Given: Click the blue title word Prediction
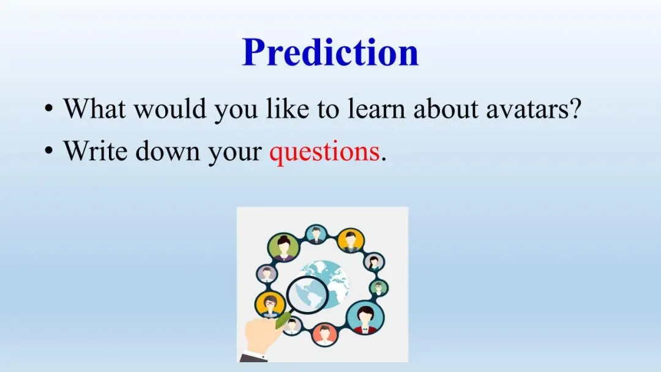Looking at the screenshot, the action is [x=330, y=52].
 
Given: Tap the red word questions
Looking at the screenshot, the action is [x=324, y=152].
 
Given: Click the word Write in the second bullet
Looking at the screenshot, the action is [x=95, y=150].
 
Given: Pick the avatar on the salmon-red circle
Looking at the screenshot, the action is [x=324, y=335].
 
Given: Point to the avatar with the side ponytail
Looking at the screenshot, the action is [x=373, y=262].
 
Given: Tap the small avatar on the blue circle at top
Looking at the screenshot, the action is [x=316, y=234].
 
